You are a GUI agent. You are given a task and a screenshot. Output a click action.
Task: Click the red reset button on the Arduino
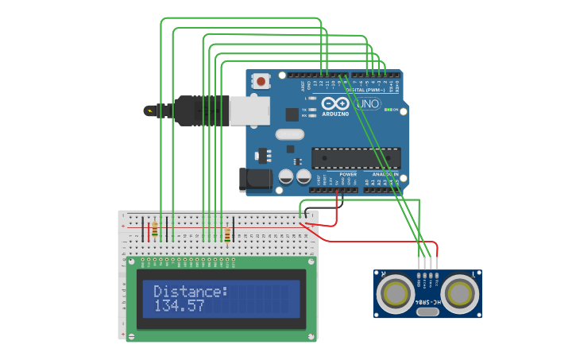261,80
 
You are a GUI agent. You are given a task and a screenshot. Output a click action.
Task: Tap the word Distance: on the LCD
191,292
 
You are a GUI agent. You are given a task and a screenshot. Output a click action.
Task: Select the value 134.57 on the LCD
179,306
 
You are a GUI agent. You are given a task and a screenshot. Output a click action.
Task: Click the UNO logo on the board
368,104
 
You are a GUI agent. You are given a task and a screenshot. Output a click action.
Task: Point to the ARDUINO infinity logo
335,104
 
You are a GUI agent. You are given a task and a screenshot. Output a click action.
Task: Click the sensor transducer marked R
395,294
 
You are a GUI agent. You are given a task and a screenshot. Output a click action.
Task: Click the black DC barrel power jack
256,180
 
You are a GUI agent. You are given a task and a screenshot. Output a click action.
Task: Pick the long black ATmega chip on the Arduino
355,158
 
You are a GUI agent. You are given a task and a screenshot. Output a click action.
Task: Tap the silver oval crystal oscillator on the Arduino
291,135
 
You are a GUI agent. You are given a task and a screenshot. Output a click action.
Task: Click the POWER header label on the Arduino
348,174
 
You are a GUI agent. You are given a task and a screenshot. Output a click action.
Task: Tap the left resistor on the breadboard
155,230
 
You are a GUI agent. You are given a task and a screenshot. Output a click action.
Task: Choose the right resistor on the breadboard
228,235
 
